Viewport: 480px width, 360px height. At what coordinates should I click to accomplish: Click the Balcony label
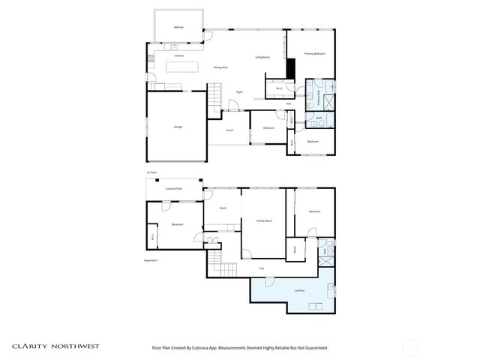pyautogui.click(x=178, y=27)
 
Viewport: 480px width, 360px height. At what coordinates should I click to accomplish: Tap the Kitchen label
pyautogui.click(x=179, y=56)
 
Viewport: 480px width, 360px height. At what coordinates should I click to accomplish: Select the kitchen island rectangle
pyautogui.click(x=182, y=67)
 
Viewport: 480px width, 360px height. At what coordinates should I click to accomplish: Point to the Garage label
pyautogui.click(x=178, y=127)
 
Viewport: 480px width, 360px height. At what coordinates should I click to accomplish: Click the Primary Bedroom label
pyautogui.click(x=314, y=54)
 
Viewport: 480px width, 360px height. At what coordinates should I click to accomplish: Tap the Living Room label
pyautogui.click(x=262, y=57)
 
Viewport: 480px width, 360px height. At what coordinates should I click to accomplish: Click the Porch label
pyautogui.click(x=229, y=130)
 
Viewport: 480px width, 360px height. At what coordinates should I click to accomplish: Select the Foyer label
pyautogui.click(x=239, y=92)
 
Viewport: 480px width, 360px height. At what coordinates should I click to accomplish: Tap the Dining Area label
pyautogui.click(x=220, y=67)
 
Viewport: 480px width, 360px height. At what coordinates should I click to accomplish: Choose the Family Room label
pyautogui.click(x=264, y=221)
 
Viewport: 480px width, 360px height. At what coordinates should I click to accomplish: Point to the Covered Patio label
pyautogui.click(x=174, y=189)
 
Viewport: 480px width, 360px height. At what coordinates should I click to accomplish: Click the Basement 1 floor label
pyautogui.click(x=151, y=260)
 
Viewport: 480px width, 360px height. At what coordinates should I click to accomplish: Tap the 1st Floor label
pyautogui.click(x=151, y=172)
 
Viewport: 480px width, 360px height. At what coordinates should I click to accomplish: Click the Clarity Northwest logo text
pyautogui.click(x=55, y=346)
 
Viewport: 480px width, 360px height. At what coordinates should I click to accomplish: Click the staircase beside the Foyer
pyautogui.click(x=215, y=96)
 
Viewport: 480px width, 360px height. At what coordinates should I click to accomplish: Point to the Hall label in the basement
pyautogui.click(x=261, y=268)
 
